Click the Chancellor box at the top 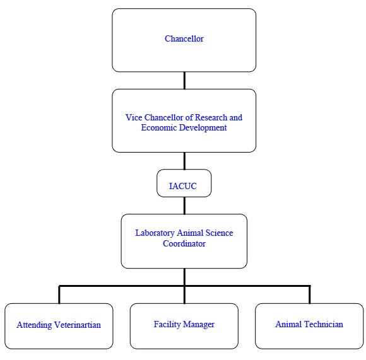click(184, 40)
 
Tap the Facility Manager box click(184, 325)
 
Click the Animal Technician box click(309, 325)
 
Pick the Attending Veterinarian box click(59, 325)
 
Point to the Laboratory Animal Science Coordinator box click(184, 241)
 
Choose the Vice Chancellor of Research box click(184, 120)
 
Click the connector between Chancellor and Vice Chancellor click(184, 80)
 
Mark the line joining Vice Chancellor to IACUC click(184, 162)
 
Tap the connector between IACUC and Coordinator click(184, 206)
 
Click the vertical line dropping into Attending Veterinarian click(59, 294)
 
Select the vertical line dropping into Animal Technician click(309, 294)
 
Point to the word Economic click(158, 128)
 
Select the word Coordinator click(184, 243)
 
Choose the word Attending click(35, 325)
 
